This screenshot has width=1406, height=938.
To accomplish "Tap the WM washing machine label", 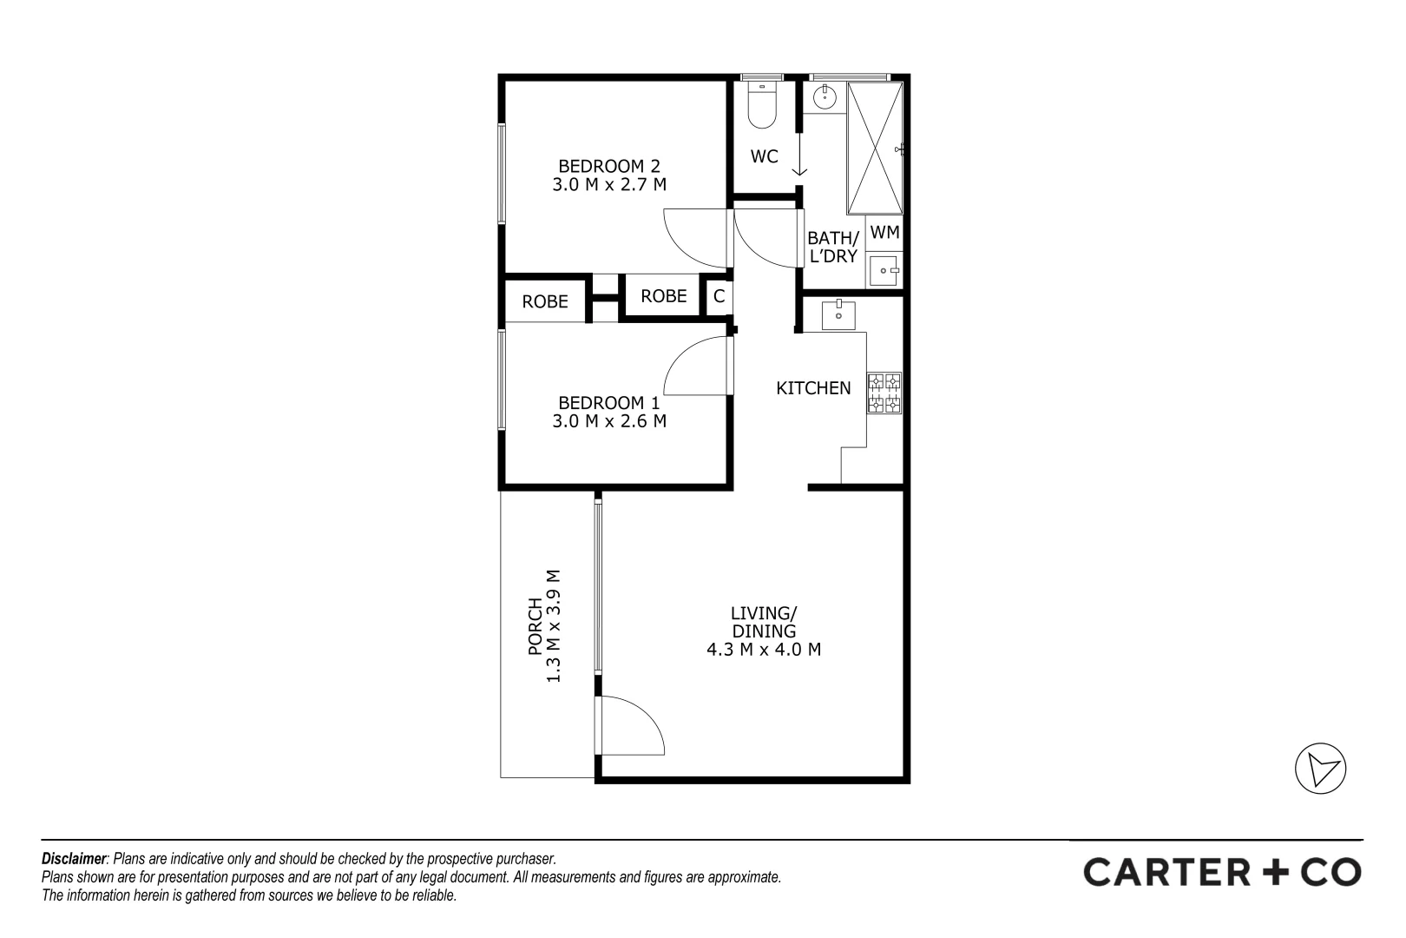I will point(884,232).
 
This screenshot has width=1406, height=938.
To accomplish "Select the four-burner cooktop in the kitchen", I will point(884,393).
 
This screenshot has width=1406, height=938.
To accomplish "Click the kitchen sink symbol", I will point(838,313).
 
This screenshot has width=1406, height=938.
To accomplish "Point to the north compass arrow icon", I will point(1320,770).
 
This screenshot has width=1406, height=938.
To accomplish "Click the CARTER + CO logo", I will point(1222,872).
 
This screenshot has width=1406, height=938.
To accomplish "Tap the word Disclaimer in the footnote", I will point(73,858).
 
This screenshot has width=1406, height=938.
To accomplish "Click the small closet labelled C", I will point(719,296).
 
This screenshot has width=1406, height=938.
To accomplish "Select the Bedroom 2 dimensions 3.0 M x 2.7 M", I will point(608,184).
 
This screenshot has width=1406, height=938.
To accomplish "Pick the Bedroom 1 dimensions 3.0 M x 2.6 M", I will point(608,421).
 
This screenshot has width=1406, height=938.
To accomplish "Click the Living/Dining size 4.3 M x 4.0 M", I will point(764,649).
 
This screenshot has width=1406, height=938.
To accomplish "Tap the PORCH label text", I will point(535,626).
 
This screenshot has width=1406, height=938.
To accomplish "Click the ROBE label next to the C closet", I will point(663,296).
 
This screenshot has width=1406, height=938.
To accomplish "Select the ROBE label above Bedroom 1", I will point(545,301).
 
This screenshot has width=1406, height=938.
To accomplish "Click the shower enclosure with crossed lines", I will point(875,148).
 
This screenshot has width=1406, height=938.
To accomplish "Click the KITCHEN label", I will point(813,388).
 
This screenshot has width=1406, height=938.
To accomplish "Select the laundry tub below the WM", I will point(884,270).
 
